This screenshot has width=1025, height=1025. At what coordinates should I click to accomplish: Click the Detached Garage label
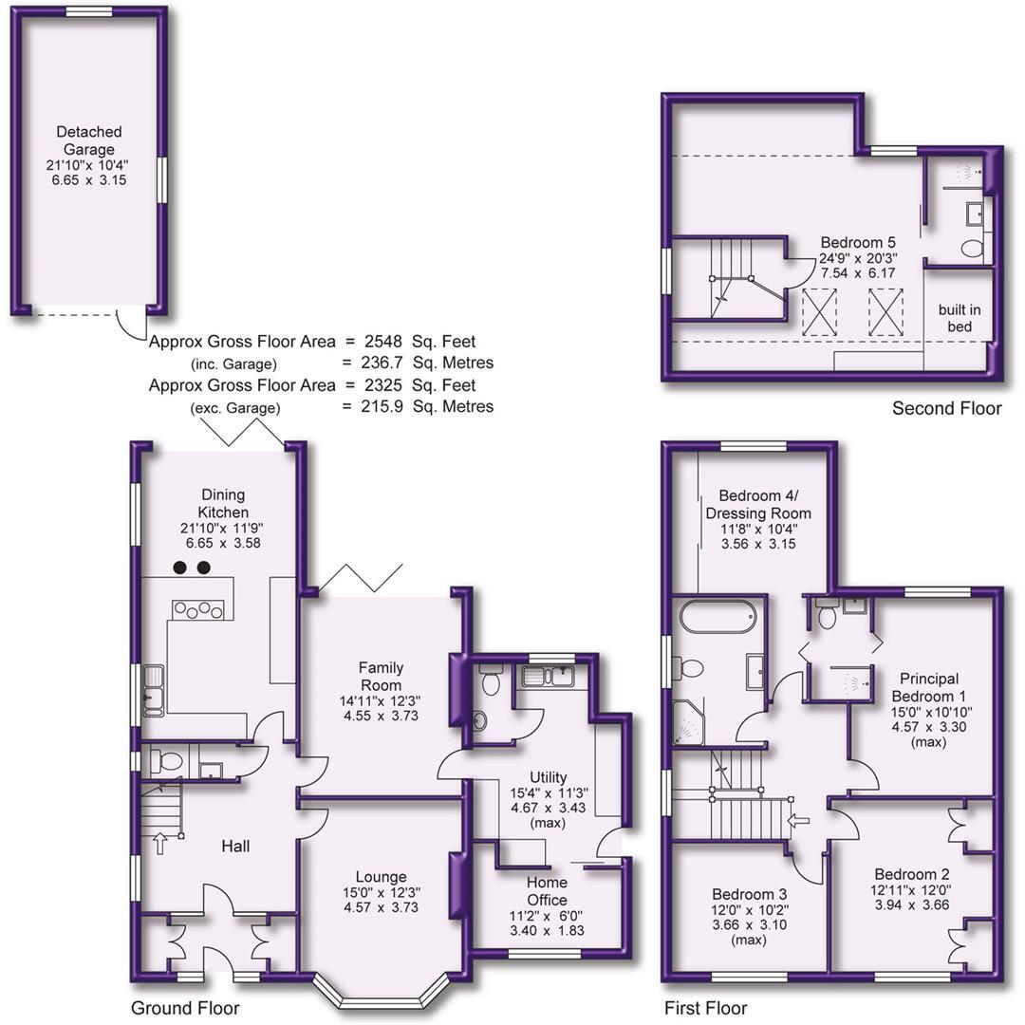[88, 140]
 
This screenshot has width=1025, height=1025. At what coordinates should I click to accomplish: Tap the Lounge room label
[381, 877]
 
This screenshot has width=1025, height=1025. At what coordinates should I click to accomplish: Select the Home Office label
[547, 891]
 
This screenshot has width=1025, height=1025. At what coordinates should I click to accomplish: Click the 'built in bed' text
[960, 318]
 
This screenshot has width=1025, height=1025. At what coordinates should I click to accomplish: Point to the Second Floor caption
[946, 409]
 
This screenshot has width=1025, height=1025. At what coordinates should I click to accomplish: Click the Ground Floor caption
[185, 1008]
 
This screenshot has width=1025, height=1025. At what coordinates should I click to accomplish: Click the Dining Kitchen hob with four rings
[197, 609]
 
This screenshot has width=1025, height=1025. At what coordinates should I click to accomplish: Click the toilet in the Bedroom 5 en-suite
[972, 249]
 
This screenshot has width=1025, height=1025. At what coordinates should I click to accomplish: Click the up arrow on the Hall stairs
[158, 842]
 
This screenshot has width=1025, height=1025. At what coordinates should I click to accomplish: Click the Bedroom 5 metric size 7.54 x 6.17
[857, 273]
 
